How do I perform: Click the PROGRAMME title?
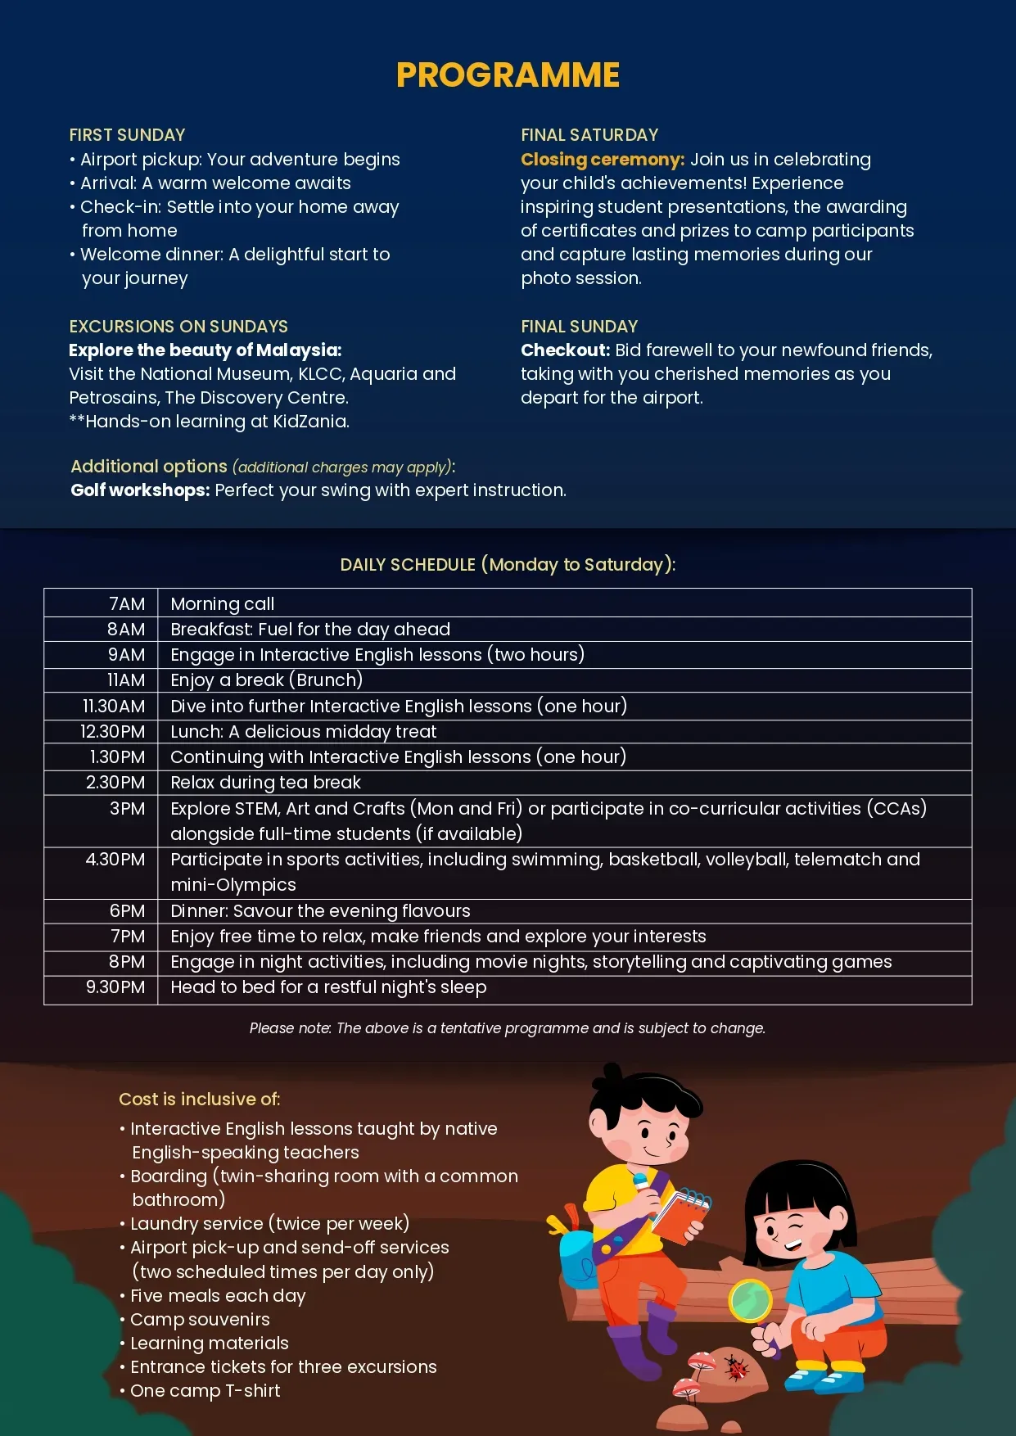(x=508, y=75)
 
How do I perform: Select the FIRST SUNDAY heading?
(x=127, y=135)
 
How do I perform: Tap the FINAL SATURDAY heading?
(x=589, y=135)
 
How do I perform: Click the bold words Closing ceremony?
(x=603, y=160)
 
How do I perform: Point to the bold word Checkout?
(x=565, y=350)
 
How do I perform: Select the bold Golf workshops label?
(x=140, y=490)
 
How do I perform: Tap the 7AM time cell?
(x=127, y=604)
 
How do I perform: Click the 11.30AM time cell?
(x=114, y=706)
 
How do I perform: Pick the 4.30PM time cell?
(x=115, y=860)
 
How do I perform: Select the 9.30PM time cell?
(x=115, y=987)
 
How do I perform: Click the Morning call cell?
(x=223, y=604)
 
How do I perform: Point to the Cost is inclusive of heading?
(x=200, y=1099)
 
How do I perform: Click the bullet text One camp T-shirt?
(x=205, y=1391)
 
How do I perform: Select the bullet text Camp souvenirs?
(x=200, y=1320)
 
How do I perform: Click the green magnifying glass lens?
(x=750, y=1300)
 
